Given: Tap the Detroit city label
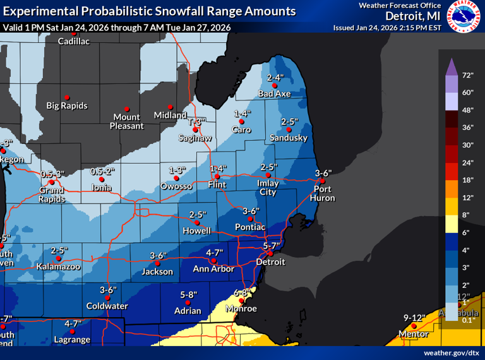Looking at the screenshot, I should coord(270,261).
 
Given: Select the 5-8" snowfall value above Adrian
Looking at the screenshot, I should coord(189,294).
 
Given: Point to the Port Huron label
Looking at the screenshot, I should coord(323,193).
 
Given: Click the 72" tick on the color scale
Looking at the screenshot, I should coord(467,75).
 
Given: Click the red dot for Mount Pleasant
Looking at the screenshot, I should coord(127,109).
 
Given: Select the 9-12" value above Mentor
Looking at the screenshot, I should coord(414,317).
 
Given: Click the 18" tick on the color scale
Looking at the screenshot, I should coord(467,180).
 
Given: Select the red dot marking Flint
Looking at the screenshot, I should coord(217,176).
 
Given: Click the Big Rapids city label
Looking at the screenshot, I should coord(67,105).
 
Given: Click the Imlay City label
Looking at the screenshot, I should coord(268,188).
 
